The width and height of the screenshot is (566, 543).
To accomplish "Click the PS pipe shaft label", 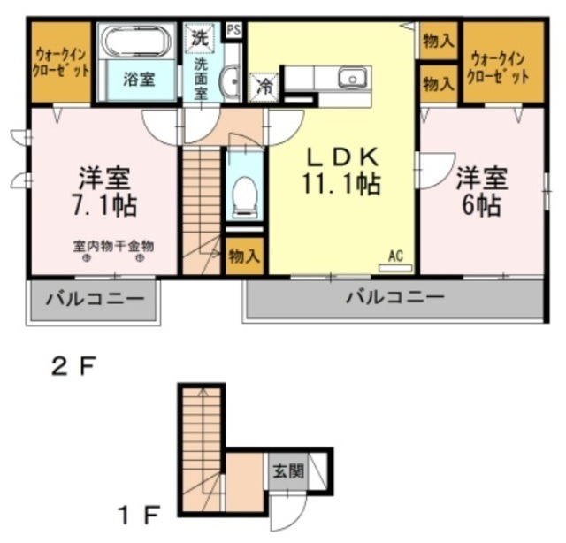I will [x=234, y=29].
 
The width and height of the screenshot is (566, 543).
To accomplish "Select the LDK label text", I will [x=342, y=157].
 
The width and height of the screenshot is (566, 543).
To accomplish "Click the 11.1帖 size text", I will [x=342, y=185].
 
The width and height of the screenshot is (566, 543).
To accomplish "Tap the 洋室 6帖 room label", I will [x=482, y=191].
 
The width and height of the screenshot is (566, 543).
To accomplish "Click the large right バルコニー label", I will [x=394, y=297].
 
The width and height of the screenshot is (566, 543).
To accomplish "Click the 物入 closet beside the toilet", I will [x=244, y=256].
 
